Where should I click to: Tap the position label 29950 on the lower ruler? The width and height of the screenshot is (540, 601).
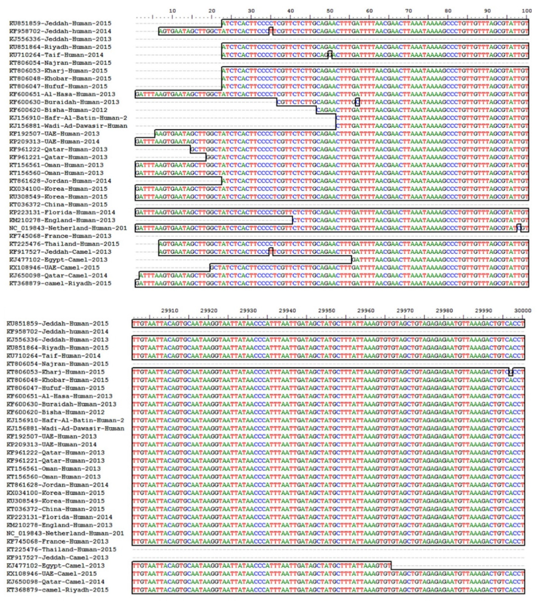326,311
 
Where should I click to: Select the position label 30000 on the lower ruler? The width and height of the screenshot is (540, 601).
522,311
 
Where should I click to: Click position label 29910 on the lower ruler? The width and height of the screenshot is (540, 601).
169,311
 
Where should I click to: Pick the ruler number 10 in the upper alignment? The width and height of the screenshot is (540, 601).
172,11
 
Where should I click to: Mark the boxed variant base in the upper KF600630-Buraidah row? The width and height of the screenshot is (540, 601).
357,102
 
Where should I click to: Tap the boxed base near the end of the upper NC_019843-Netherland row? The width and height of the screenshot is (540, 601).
519,228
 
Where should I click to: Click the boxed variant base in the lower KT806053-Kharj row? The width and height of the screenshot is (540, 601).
511,372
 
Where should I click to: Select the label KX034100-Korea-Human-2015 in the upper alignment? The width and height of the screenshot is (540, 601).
58,189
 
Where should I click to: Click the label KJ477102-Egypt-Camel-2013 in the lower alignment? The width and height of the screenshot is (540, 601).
55,566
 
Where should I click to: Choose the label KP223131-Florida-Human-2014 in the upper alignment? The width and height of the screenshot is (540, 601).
62,212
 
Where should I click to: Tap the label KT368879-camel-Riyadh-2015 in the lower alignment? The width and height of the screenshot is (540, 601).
57,590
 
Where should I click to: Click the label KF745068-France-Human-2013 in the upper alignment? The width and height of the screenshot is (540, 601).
60,236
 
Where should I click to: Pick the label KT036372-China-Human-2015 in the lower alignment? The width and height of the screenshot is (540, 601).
55,509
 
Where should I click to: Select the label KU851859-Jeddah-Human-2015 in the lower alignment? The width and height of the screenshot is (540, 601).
57,323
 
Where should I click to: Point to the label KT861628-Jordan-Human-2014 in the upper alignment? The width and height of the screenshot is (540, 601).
60,181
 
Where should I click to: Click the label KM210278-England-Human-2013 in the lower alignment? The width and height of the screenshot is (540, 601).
59,525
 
